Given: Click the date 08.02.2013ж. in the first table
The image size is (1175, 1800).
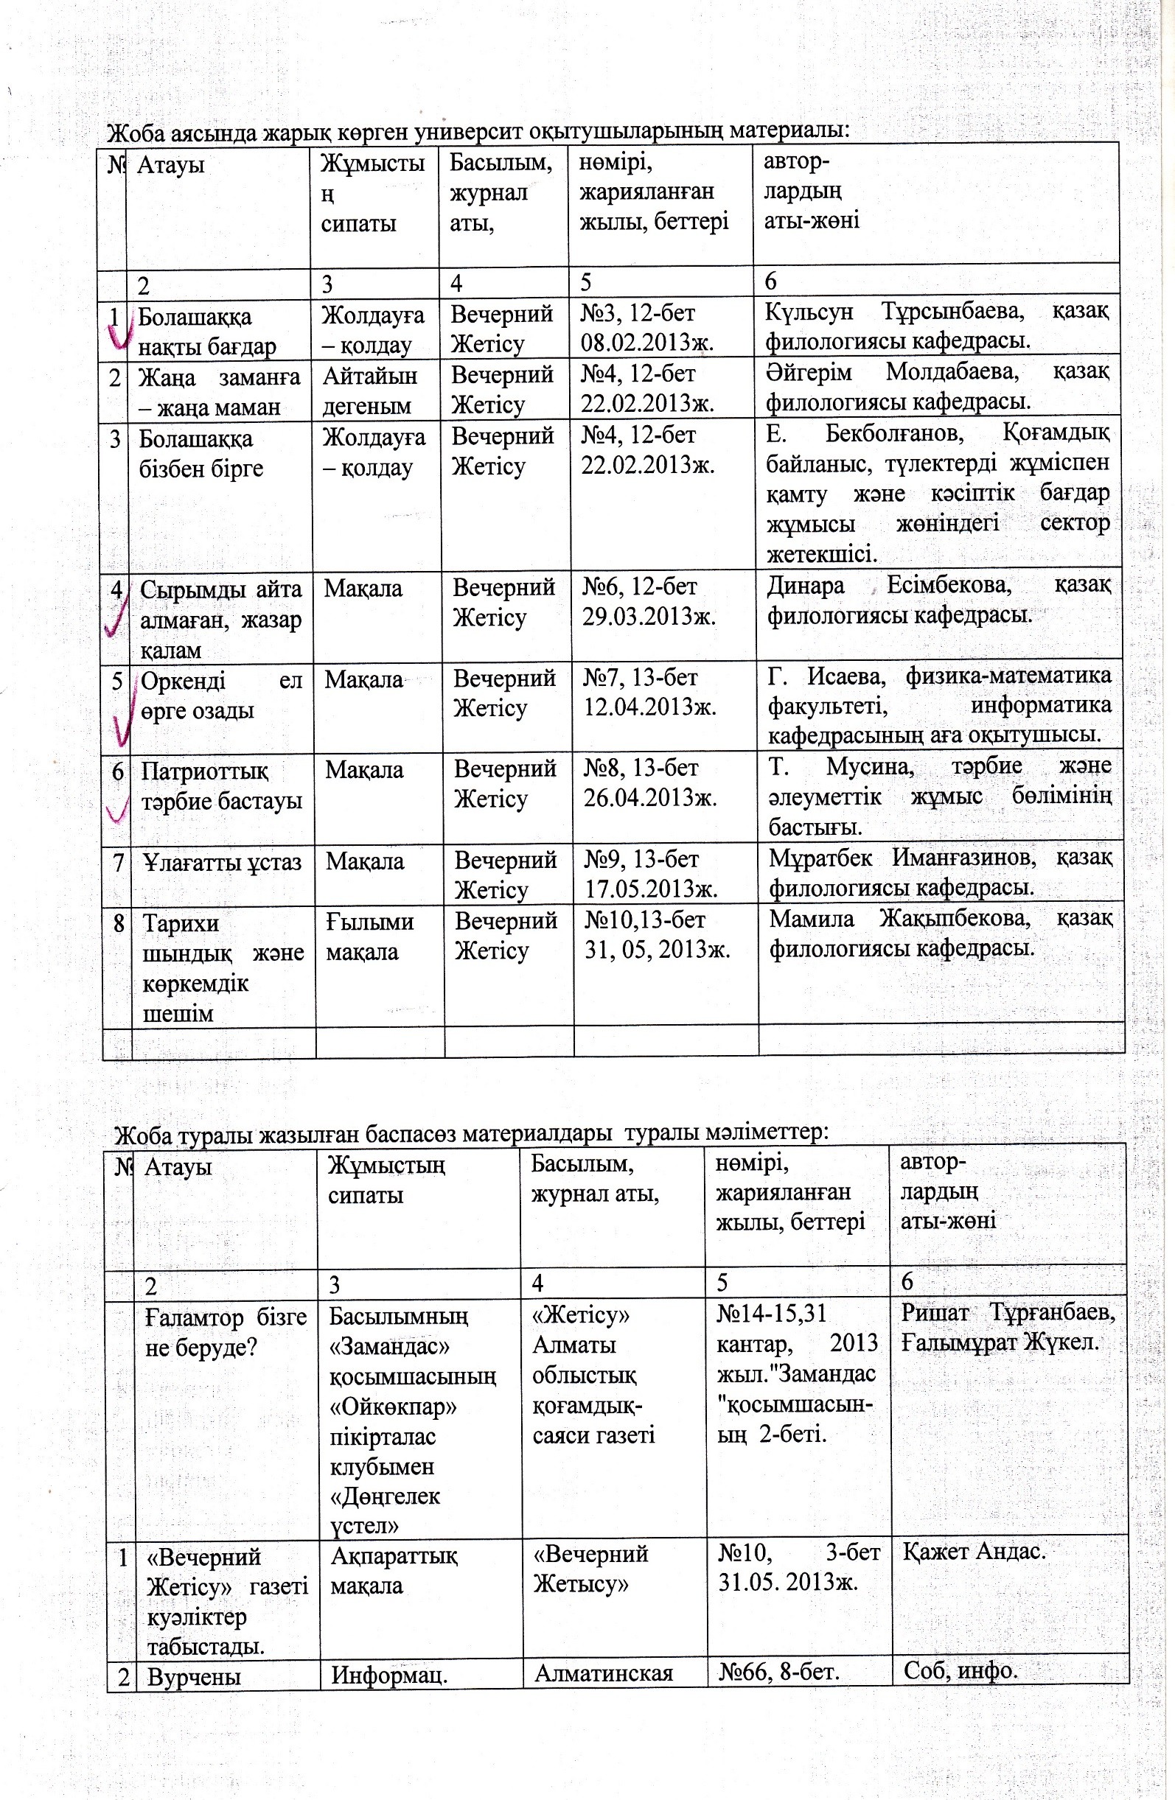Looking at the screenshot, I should coord(648,343).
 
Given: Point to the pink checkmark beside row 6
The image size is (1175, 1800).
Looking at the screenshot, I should coord(116,811).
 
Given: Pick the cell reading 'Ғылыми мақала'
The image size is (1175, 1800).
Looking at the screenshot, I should coord(370,936).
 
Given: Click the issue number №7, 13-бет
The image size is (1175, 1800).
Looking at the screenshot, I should coord(640,678).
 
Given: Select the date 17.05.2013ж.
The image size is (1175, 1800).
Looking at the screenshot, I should coord(652,889).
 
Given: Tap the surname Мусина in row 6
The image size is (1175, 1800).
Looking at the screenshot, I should coord(868,767).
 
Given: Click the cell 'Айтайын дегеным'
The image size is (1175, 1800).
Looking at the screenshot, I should coord(370,391).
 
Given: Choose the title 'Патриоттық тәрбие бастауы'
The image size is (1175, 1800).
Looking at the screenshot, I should coord(221,785).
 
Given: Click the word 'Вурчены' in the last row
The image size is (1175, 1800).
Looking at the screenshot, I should coord(195,1677).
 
